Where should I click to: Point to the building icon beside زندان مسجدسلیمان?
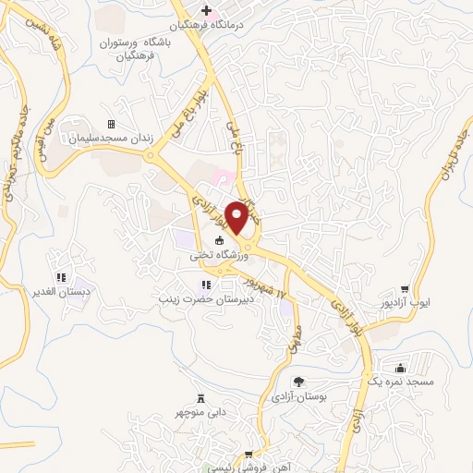(111, 124)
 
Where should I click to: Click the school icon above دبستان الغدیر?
(59, 276)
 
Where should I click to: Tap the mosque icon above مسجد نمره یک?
(398, 367)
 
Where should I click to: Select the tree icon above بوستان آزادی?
(297, 381)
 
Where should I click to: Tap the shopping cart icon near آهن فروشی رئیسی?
(248, 455)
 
